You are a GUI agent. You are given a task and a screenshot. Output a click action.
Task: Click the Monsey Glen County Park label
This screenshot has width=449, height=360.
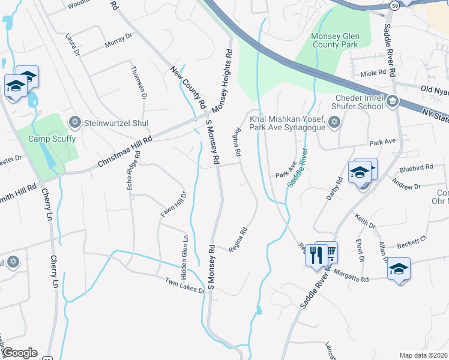(x=334, y=40)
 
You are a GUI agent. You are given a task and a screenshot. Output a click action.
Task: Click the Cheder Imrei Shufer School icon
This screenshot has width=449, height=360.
(x=393, y=101)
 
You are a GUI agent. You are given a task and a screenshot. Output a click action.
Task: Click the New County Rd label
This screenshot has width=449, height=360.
(x=188, y=88)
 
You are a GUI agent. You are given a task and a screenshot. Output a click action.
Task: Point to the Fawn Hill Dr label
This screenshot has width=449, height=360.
(x=174, y=204)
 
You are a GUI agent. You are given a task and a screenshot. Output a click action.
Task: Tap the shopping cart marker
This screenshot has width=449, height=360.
(x=330, y=252)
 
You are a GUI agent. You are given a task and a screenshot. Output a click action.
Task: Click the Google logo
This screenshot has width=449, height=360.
(x=20, y=353)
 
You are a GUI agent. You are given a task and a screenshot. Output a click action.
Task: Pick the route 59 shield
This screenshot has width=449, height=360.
(x=394, y=5)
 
